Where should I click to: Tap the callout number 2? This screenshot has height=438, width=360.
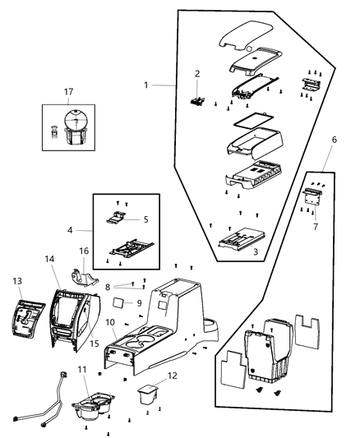tap(197, 74)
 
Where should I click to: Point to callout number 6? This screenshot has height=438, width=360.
tap(333, 141)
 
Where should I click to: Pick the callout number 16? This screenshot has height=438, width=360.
tap(84, 251)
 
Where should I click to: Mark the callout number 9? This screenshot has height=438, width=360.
tap(139, 302)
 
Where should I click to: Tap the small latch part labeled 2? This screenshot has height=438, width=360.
tap(197, 101)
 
